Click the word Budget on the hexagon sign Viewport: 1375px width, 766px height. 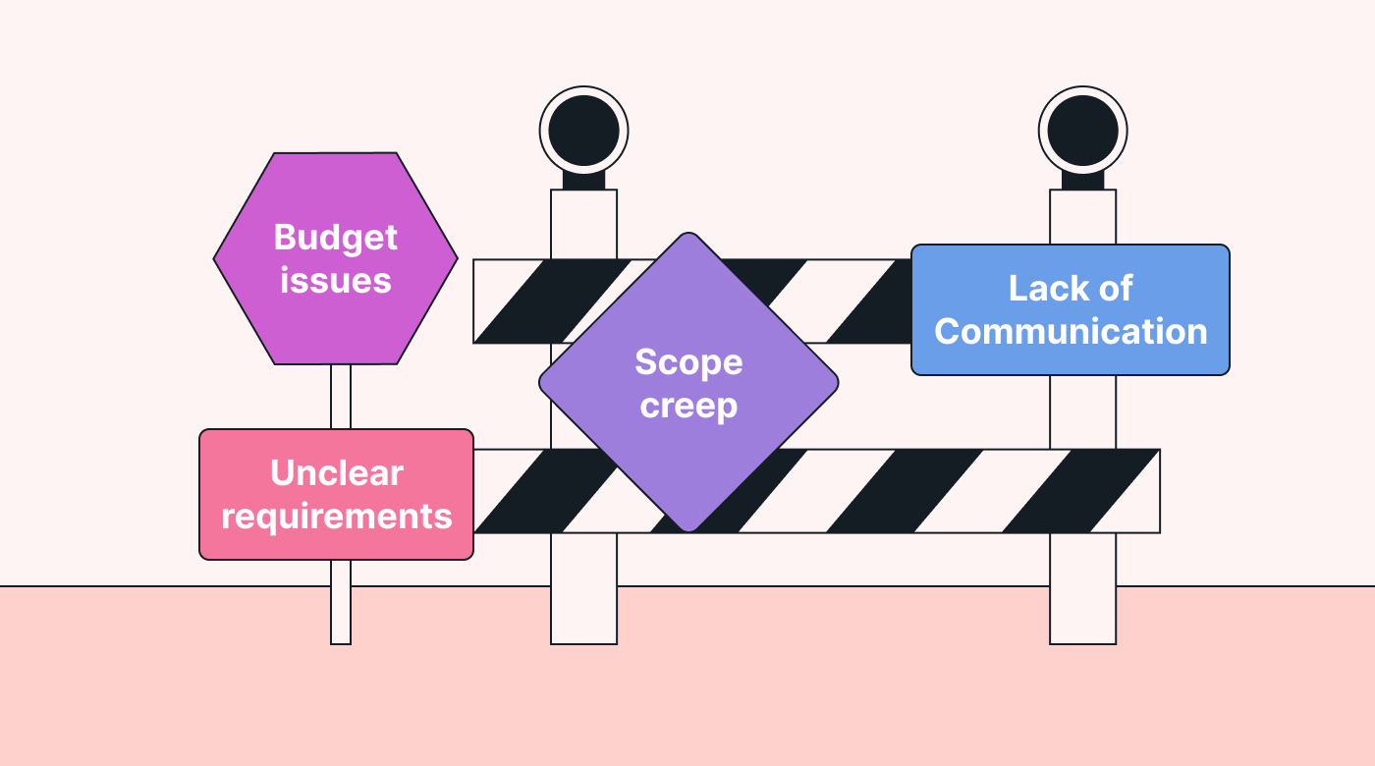[335, 239]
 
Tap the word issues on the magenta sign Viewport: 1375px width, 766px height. [335, 281]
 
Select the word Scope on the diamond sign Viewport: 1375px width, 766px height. [688, 362]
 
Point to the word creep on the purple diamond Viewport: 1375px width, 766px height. [688, 405]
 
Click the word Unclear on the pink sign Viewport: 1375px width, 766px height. [336, 473]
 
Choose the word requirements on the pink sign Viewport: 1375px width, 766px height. [336, 516]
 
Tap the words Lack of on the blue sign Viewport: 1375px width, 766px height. [1071, 289]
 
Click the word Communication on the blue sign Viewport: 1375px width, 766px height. [1071, 331]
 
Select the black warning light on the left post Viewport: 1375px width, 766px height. [583, 131]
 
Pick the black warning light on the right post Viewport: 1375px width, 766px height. [1082, 131]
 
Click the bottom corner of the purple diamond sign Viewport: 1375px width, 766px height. [689, 528]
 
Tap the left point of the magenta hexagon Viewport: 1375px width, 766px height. [217, 258]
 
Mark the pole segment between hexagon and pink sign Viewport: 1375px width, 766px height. [341, 396]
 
